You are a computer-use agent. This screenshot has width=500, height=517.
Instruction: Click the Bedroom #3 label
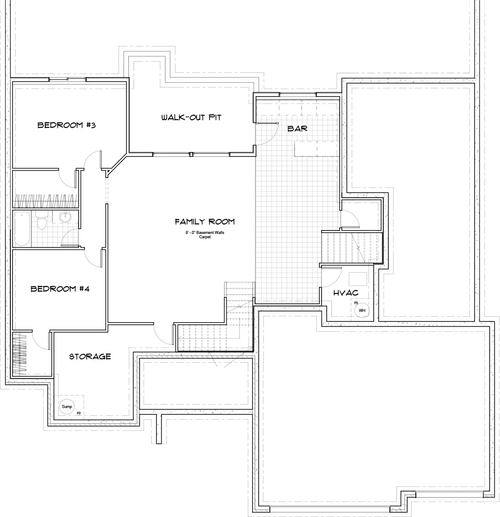coord(66,125)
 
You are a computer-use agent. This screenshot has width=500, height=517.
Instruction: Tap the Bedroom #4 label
coord(60,289)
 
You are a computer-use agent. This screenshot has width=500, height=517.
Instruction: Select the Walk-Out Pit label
coord(191,118)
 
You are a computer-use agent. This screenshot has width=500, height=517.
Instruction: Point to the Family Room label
coord(205,221)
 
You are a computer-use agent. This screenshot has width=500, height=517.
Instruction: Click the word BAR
coord(297,128)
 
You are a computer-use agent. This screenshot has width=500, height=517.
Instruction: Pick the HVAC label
coord(346,293)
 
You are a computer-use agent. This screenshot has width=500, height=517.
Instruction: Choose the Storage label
coord(90,357)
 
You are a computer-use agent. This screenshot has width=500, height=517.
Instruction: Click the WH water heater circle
coord(362,310)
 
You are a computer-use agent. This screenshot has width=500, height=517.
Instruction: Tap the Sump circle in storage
coord(67,406)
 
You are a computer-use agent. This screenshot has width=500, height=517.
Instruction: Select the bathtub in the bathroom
coord(22,229)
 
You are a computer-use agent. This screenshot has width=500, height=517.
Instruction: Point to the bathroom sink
coord(65,217)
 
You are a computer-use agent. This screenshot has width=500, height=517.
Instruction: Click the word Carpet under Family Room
coord(205,237)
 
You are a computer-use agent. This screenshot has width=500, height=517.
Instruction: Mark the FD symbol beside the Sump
coord(79,413)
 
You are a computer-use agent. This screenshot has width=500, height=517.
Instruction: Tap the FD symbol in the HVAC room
coord(356,303)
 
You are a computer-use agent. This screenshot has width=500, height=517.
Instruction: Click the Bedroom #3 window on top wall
coord(68,79)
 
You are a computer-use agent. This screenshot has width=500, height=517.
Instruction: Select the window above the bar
coord(298,94)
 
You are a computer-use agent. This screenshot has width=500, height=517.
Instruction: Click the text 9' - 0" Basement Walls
coord(205,233)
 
